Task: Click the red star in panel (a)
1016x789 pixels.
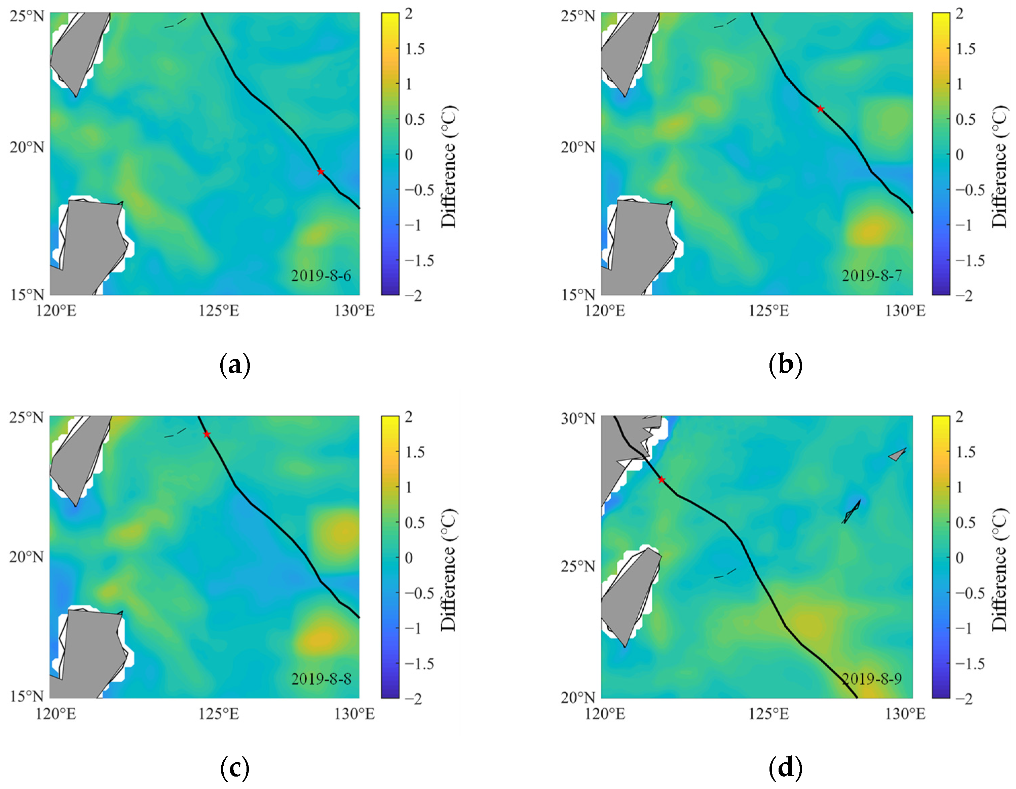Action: coord(321,172)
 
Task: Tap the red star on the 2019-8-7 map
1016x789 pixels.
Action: coord(821,109)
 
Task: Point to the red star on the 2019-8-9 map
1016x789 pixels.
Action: coord(662,480)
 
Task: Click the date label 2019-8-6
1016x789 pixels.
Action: coord(321,276)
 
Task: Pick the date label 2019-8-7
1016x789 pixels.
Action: coord(872,276)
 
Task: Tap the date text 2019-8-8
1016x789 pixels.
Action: coord(321,679)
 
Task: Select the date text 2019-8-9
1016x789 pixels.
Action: coord(872,679)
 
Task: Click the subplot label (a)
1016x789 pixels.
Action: coord(235,365)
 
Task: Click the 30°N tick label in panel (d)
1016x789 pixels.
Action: coord(578,418)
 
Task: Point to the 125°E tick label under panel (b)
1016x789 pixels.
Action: coord(768,310)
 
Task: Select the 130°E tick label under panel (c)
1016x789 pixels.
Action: coord(354,714)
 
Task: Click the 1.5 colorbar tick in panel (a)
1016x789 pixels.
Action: coord(414,49)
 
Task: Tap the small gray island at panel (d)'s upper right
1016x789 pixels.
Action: coord(897,454)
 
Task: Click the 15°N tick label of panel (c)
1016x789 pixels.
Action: coord(27,696)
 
